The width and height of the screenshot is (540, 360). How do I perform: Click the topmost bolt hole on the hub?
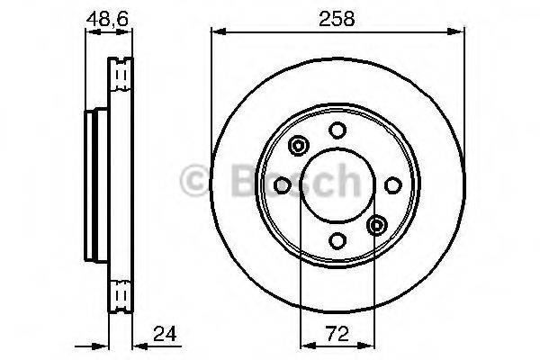(x=337, y=130)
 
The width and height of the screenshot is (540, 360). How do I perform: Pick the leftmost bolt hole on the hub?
(x=282, y=184)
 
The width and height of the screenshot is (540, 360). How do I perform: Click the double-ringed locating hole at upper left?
(x=298, y=146)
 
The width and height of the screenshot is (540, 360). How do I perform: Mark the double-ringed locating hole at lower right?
(x=376, y=224)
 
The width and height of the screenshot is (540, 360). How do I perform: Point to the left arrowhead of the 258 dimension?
(x=217, y=33)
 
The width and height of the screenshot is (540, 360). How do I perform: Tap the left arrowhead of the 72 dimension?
(x=305, y=345)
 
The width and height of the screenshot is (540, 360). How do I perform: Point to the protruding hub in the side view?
(x=90, y=184)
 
